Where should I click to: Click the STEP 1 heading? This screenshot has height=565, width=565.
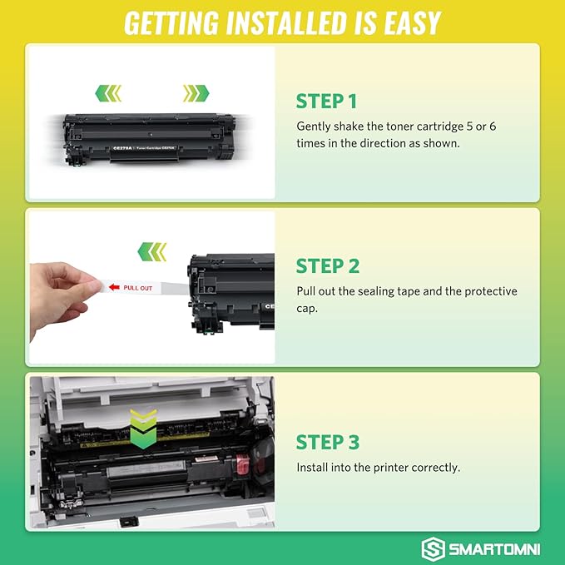click(326, 102)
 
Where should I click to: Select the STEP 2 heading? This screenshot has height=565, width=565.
click(328, 266)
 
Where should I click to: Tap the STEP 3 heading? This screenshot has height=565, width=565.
click(328, 442)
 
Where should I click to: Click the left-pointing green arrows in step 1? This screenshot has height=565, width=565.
click(109, 92)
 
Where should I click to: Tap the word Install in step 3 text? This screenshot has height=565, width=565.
click(312, 468)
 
